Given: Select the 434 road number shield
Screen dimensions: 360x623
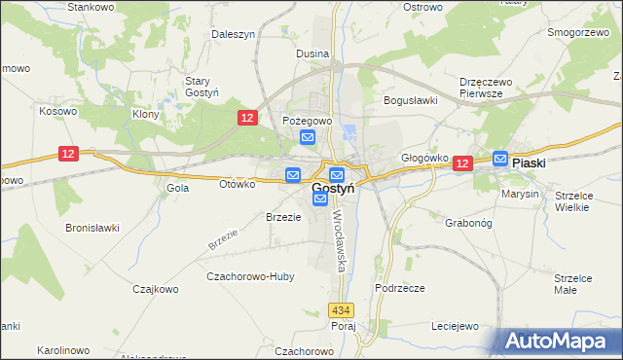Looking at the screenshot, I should click(340, 310).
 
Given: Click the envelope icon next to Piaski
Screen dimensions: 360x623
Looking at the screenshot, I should click(500, 159).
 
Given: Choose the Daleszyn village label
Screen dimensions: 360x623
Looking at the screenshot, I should click(234, 34).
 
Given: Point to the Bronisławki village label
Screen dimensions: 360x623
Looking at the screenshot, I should click(92, 228).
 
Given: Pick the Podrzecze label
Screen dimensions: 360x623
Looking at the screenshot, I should click(399, 289).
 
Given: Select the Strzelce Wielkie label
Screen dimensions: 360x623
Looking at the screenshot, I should click(573, 201).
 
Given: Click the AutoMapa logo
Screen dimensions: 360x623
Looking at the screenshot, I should click(558, 342).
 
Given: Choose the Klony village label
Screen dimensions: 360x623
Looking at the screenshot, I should click(145, 114).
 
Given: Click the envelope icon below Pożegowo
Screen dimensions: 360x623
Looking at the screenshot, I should click(308, 138).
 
